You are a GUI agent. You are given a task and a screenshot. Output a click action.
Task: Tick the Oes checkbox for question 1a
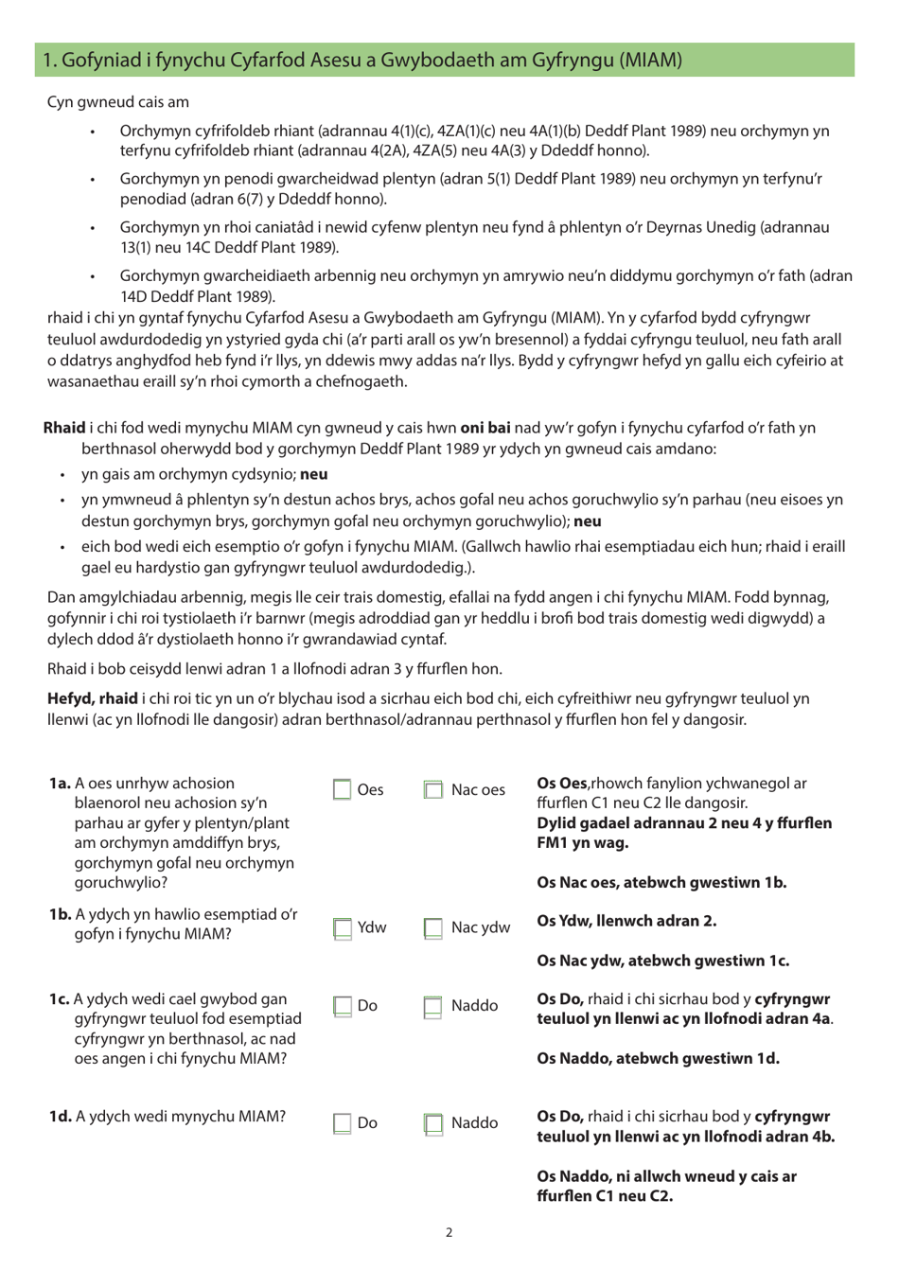(x=342, y=789)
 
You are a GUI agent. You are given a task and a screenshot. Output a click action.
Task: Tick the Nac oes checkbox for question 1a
(x=432, y=789)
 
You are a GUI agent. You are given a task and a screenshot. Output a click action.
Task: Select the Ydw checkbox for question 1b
(x=342, y=928)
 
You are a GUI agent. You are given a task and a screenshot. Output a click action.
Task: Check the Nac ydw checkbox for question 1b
(x=432, y=928)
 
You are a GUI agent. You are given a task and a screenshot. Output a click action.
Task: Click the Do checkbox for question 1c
(x=342, y=1006)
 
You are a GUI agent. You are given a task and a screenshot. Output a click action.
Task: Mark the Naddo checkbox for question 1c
(x=432, y=1006)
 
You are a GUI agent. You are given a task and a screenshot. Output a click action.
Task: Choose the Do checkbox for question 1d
(x=342, y=1123)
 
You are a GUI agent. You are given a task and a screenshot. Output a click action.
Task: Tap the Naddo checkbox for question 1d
(x=432, y=1123)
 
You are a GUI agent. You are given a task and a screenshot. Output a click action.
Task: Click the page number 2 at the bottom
(x=449, y=1232)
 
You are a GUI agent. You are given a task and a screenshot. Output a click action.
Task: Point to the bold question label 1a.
(x=60, y=784)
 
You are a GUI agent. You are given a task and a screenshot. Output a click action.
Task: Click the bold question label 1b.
(x=60, y=914)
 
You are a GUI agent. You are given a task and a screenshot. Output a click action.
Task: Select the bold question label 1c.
(x=60, y=999)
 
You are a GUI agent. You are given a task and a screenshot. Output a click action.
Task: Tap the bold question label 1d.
(x=60, y=1117)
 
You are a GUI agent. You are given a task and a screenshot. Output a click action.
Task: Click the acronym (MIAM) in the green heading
(x=650, y=60)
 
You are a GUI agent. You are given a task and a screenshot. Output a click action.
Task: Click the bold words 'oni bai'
(x=485, y=428)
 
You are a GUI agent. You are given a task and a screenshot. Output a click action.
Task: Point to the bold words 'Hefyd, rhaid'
(x=92, y=698)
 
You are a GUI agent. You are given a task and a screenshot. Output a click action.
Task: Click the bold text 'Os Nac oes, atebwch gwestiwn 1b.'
(x=661, y=883)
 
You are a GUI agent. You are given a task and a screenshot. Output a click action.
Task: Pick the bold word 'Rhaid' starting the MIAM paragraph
(x=64, y=428)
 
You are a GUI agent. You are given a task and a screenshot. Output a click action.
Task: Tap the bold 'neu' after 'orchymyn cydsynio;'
(x=314, y=474)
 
